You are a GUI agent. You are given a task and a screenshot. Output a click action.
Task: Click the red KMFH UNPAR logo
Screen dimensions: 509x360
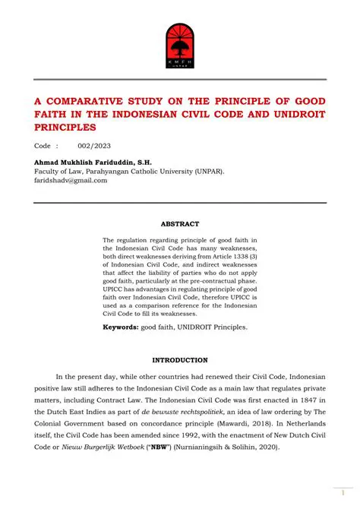click(180, 44)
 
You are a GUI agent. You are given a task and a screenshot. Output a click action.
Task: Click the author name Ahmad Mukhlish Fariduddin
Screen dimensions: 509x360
click(84, 161)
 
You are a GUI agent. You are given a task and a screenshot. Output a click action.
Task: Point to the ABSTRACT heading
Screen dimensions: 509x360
click(180, 224)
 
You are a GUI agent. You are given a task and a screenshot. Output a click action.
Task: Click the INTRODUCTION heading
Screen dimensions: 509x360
click(180, 359)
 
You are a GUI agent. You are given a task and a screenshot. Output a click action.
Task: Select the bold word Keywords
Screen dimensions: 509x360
click(120, 327)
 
